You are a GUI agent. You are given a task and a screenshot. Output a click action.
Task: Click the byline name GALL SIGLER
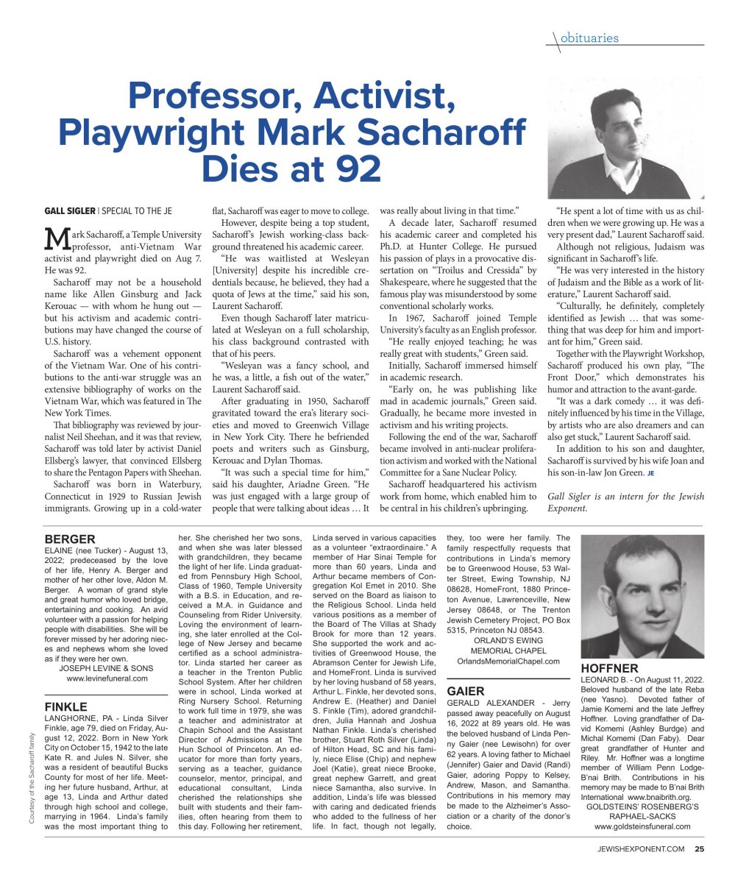point(70,211)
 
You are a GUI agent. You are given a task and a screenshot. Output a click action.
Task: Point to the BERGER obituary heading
point(70,539)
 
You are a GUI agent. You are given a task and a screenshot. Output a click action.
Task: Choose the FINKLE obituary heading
point(66,707)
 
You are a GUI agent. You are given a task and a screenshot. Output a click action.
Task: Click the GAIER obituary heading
point(466,691)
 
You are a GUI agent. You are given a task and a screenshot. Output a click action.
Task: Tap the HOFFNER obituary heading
point(610,668)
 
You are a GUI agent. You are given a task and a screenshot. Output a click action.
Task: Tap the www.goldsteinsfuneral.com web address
point(642,826)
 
